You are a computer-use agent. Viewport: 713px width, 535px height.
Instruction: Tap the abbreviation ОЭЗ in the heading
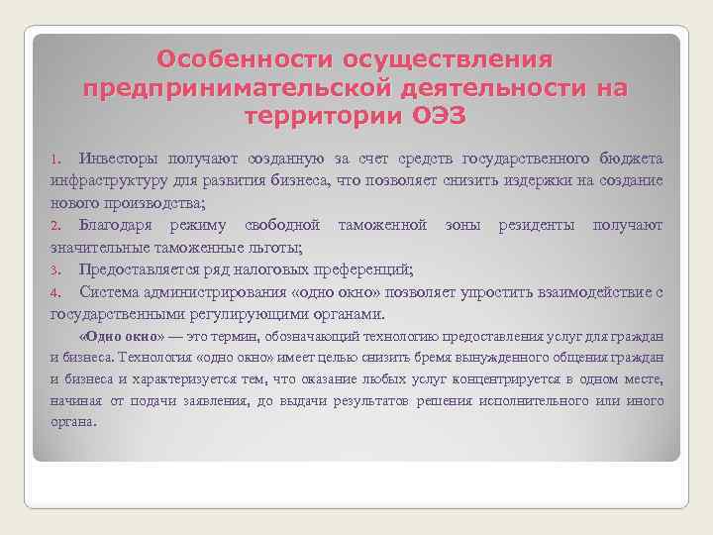pyautogui.click(x=437, y=115)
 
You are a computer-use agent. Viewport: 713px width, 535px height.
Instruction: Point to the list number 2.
pyautogui.click(x=56, y=226)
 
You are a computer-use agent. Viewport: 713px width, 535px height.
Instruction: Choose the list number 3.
pyautogui.click(x=56, y=269)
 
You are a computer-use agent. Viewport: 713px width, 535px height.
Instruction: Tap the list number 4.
pyautogui.click(x=56, y=292)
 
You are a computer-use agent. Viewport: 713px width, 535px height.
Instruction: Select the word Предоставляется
pyautogui.click(x=147, y=269)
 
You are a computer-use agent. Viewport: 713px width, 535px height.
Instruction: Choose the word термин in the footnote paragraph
pyautogui.click(x=229, y=336)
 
